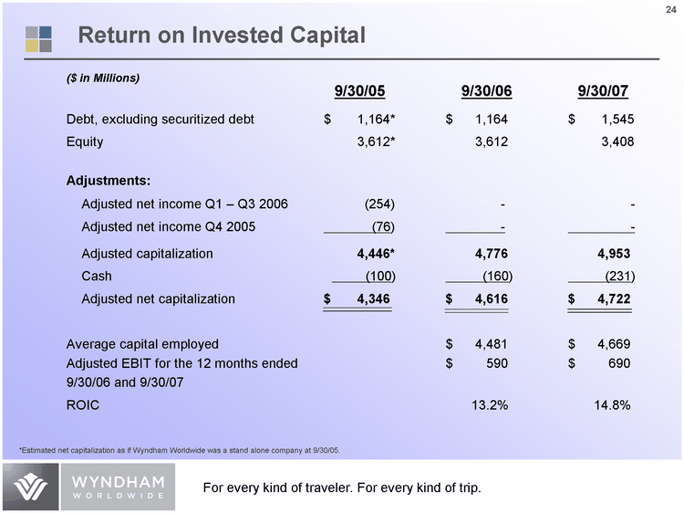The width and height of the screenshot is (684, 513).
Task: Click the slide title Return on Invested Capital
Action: tap(222, 36)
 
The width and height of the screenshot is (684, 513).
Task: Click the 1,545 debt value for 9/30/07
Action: tap(616, 120)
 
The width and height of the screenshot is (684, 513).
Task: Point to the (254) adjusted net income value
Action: tap(379, 203)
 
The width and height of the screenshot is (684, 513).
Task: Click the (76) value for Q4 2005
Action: tap(383, 226)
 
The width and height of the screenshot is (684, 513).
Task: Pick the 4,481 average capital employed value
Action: tap(490, 344)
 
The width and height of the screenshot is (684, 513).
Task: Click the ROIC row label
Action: tap(83, 403)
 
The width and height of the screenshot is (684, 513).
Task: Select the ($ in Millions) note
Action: tap(103, 78)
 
